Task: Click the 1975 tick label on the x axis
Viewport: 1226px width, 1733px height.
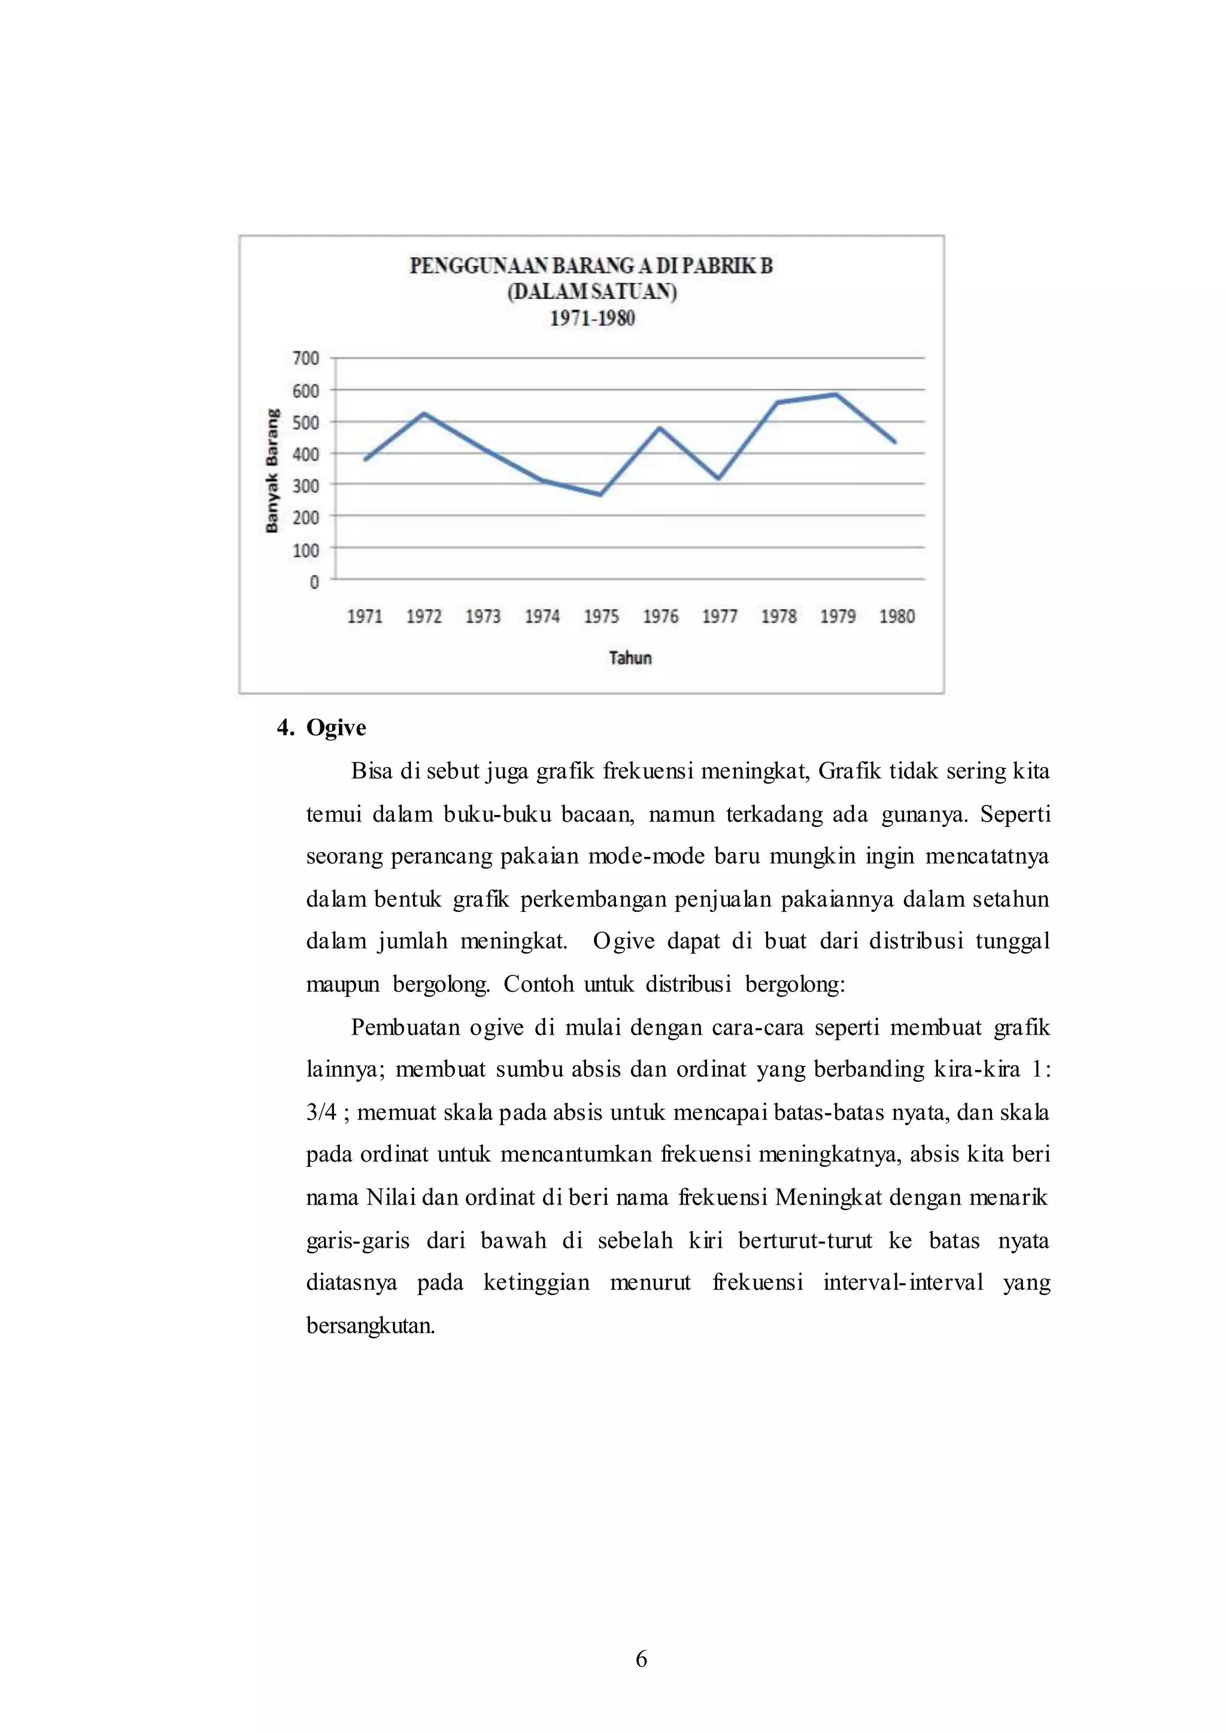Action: click(x=601, y=617)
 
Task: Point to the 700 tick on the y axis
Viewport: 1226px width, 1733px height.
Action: click(x=306, y=358)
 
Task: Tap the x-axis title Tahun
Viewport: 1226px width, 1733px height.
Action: click(x=630, y=658)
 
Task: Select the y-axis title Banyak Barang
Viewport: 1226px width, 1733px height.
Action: click(x=272, y=471)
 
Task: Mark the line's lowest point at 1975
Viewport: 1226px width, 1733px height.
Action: click(x=601, y=495)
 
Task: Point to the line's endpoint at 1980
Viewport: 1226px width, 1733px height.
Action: click(x=896, y=442)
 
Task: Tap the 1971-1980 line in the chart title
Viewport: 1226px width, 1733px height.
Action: click(x=592, y=318)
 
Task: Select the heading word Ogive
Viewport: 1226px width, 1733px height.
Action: click(x=336, y=728)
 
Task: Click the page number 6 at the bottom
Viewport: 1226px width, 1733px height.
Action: click(x=641, y=1658)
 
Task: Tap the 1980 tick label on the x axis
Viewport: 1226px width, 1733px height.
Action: click(x=897, y=617)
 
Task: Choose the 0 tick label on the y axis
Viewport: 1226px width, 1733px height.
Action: click(x=314, y=582)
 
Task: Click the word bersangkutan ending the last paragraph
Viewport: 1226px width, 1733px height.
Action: click(x=370, y=1326)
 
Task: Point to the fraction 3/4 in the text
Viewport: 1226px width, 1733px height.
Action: click(x=321, y=1112)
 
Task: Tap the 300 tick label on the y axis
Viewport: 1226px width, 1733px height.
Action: click(x=306, y=485)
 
